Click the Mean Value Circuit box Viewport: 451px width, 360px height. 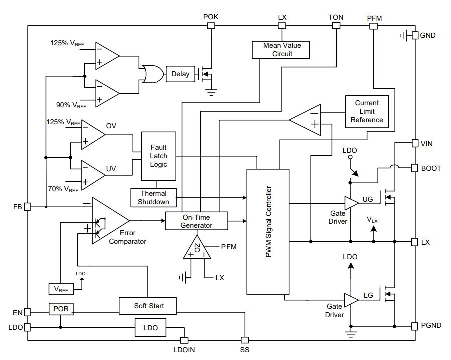(x=281, y=50)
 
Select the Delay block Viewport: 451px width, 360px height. (x=180, y=74)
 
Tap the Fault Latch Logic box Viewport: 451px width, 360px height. (x=159, y=156)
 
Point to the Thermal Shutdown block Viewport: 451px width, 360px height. (x=154, y=198)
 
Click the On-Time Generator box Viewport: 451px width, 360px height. (x=196, y=221)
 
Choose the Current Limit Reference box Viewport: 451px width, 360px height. (x=367, y=112)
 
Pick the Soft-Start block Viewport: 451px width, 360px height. (x=147, y=306)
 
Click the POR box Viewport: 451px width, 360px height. (x=61, y=309)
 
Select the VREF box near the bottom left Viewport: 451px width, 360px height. (x=61, y=289)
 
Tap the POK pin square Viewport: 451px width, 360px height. (x=211, y=25)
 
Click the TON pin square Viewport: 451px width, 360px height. (x=336, y=25)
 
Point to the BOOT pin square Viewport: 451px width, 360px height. (x=414, y=168)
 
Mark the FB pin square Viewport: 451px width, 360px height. (x=27, y=207)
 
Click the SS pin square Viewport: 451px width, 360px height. (x=245, y=340)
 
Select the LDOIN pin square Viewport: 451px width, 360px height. (x=184, y=340)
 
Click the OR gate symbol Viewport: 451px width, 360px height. (x=153, y=74)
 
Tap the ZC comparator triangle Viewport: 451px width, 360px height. (x=197, y=248)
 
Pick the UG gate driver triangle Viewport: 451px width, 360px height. (x=351, y=203)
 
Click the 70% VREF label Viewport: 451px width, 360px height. (x=63, y=189)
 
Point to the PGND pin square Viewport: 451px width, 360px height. (x=414, y=326)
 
